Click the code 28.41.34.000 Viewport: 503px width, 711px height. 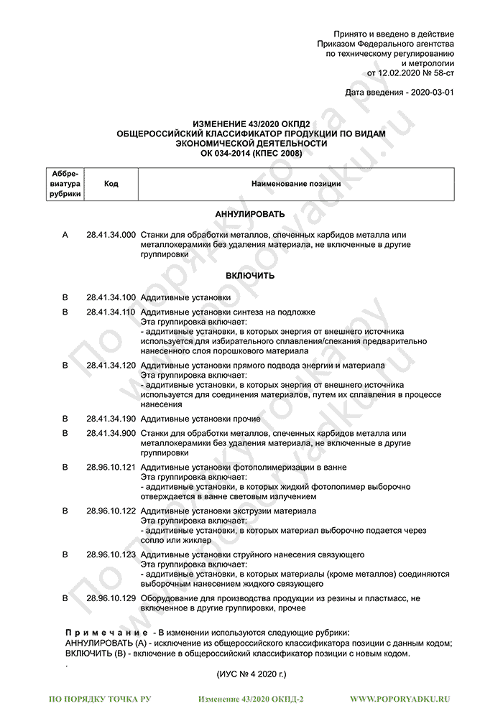111,235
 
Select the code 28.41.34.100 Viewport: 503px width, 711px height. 111,297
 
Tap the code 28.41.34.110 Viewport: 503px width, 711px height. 111,312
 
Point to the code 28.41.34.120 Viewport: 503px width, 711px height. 111,366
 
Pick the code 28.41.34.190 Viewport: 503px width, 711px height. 111,419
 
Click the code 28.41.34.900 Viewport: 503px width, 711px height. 111,433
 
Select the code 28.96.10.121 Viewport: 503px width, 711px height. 111,468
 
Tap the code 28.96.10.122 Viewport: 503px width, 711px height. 111,511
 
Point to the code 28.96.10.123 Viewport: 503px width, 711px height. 111,554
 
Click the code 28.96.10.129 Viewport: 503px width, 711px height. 111,598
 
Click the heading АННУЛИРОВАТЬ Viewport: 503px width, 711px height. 250,214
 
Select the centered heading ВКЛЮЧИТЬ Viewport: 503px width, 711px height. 250,276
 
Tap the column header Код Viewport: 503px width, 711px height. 111,184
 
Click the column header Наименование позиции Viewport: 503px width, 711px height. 295,184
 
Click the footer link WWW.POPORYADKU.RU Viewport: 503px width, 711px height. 400,698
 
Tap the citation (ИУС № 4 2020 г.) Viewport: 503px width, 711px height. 251,675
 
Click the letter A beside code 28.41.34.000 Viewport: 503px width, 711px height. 65,235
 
